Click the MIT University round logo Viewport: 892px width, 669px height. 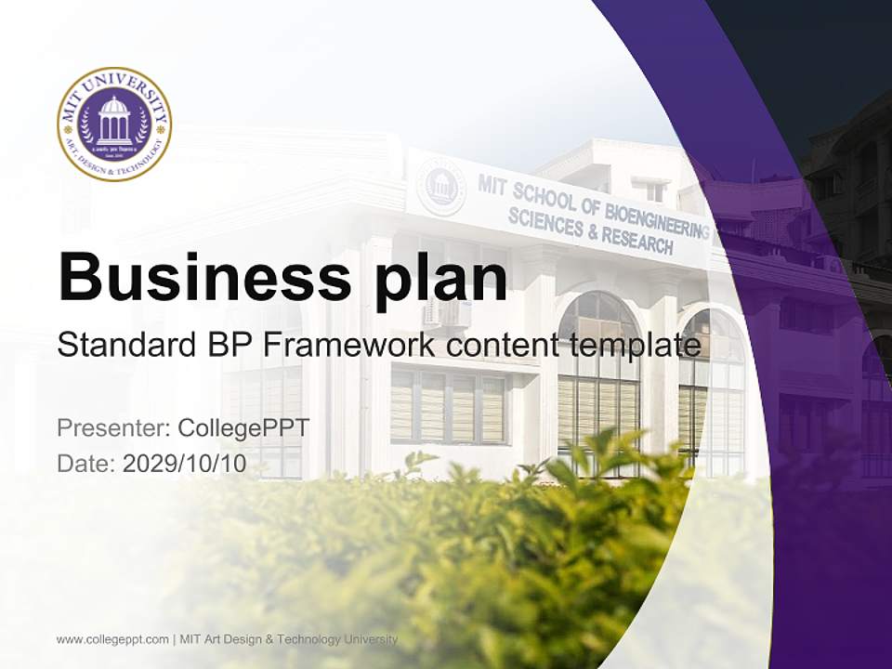[x=114, y=124]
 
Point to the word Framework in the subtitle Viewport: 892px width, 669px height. [x=348, y=346]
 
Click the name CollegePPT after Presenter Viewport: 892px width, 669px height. [x=243, y=428]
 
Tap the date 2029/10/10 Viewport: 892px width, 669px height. [x=185, y=464]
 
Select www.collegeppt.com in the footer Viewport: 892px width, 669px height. [x=112, y=639]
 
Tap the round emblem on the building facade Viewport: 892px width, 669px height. [x=440, y=187]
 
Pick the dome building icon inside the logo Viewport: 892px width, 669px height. [x=114, y=119]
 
